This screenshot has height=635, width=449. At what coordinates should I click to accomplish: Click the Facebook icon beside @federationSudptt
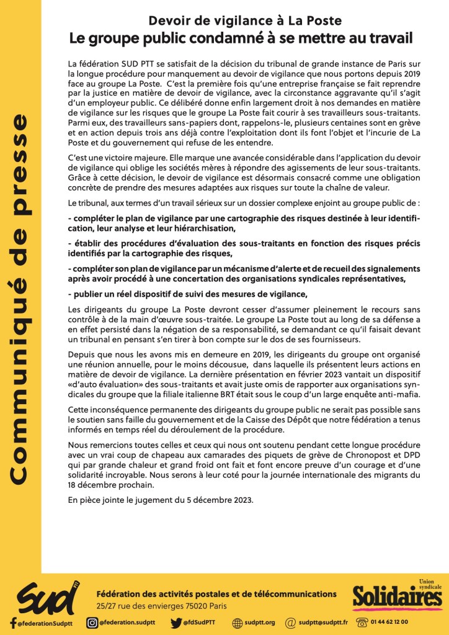click(x=12, y=623)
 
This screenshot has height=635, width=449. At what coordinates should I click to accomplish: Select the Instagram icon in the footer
click(x=92, y=623)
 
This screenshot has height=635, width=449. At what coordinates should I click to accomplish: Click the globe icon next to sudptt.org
click(x=237, y=623)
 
